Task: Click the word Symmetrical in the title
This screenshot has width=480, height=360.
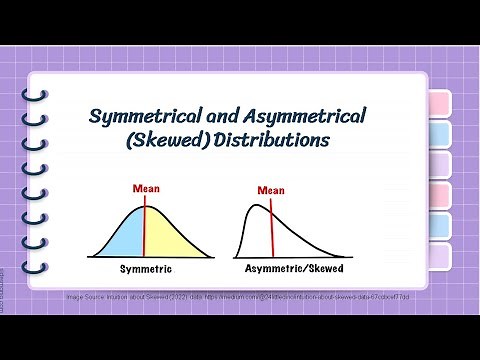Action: pyautogui.click(x=143, y=117)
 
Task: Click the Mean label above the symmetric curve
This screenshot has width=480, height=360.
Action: pyautogui.click(x=146, y=188)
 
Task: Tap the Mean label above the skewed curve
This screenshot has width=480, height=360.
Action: pyautogui.click(x=270, y=190)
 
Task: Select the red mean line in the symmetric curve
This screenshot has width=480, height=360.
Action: pyautogui.click(x=146, y=230)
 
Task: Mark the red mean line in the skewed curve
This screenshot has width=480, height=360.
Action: pyautogui.click(x=272, y=230)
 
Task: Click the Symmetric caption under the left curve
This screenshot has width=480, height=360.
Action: pyautogui.click(x=146, y=270)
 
